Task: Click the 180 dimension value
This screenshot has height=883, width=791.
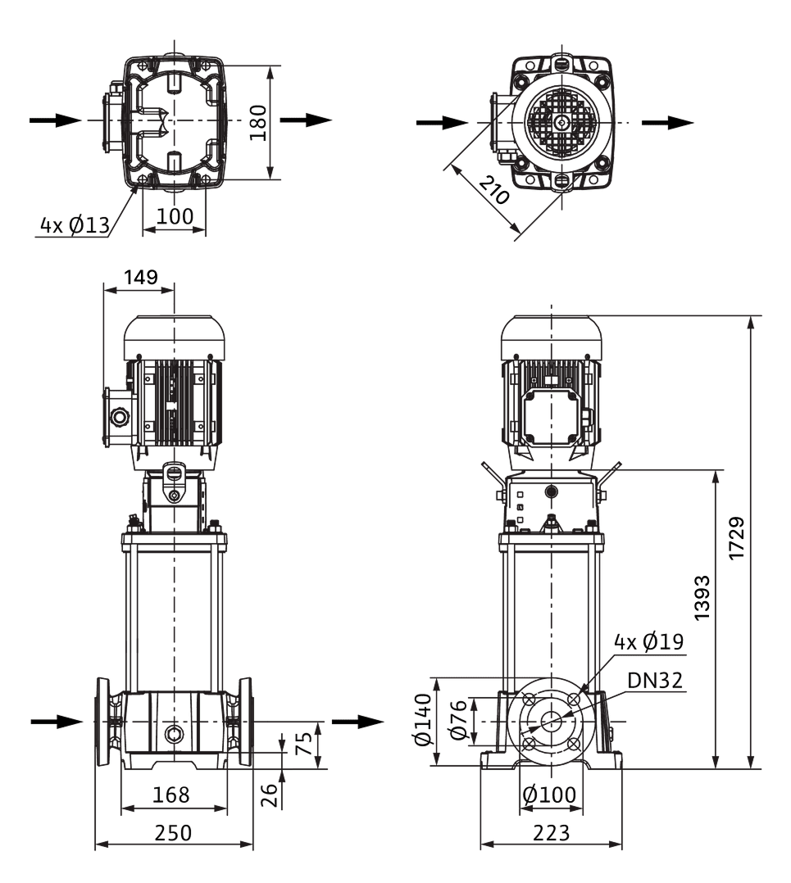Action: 258,122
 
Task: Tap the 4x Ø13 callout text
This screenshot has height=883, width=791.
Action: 75,225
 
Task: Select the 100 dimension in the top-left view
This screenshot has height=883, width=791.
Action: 175,215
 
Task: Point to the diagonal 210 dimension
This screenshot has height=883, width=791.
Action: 494,190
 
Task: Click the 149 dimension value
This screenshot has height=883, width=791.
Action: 141,277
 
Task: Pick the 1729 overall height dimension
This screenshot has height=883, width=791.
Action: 737,538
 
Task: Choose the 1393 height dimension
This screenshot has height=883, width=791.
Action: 702,598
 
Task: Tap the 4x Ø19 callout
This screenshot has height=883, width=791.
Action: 648,641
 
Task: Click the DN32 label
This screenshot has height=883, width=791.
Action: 655,680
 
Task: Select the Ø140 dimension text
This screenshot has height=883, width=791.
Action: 424,720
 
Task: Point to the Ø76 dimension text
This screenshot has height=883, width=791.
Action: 458,720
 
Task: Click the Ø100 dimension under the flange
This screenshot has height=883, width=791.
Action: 549,795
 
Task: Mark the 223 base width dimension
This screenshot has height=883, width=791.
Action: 551,832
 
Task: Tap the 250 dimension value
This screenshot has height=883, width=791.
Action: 173,832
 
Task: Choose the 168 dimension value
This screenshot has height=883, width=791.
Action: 171,795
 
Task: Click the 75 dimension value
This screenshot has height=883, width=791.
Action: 303,744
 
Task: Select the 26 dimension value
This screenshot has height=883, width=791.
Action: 270,795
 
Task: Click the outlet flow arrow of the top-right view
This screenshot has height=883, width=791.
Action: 667,122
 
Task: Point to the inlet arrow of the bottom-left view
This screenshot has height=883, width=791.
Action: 57,722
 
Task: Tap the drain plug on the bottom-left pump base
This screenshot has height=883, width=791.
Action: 174,734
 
